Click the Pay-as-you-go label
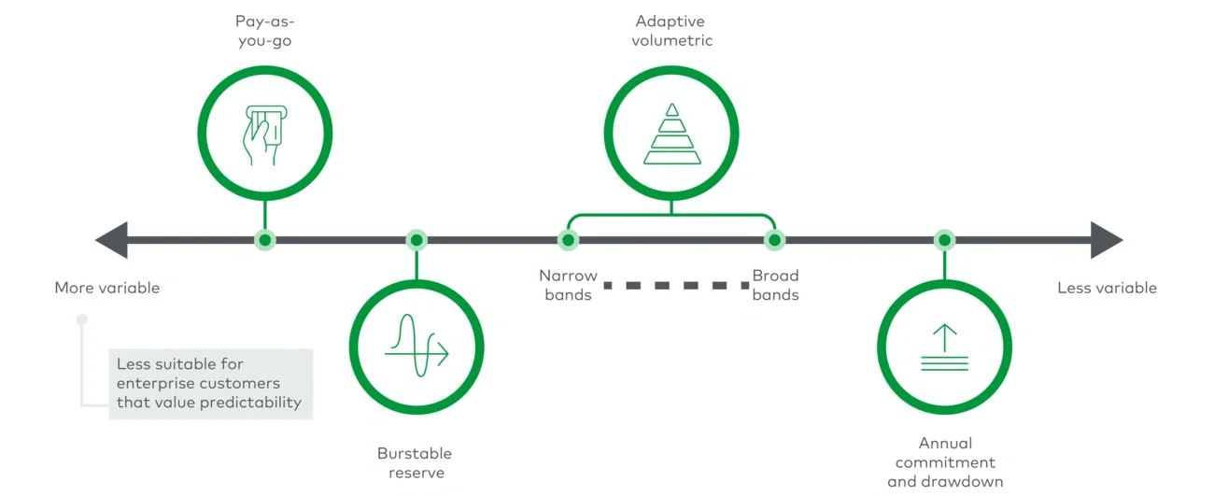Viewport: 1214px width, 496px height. pyautogui.click(x=265, y=30)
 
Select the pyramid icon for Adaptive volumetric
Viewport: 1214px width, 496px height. pyautogui.click(x=671, y=135)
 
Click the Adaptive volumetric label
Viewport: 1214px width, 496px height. pyautogui.click(x=671, y=30)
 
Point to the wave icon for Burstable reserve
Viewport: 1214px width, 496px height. pyautogui.click(x=416, y=345)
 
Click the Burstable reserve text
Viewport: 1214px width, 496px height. pyautogui.click(x=415, y=462)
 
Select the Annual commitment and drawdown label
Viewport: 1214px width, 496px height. pyautogui.click(x=945, y=462)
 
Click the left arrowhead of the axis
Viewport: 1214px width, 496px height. pyautogui.click(x=112, y=240)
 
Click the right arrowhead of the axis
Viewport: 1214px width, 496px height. pyautogui.click(x=1106, y=240)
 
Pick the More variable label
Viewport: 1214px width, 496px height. pyautogui.click(x=107, y=288)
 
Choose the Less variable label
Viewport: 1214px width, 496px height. pyautogui.click(x=1107, y=288)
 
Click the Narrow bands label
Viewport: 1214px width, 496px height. pyautogui.click(x=568, y=285)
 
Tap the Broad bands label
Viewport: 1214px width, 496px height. pyautogui.click(x=775, y=285)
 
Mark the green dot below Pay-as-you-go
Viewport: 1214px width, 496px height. pyautogui.click(x=265, y=240)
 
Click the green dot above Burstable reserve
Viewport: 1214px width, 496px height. pyautogui.click(x=416, y=240)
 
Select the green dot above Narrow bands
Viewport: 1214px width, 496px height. pyautogui.click(x=568, y=240)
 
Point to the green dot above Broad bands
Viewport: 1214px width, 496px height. pyautogui.click(x=774, y=240)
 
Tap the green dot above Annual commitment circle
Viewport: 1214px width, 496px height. pyautogui.click(x=944, y=240)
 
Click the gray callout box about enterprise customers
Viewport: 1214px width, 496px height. pyautogui.click(x=210, y=383)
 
